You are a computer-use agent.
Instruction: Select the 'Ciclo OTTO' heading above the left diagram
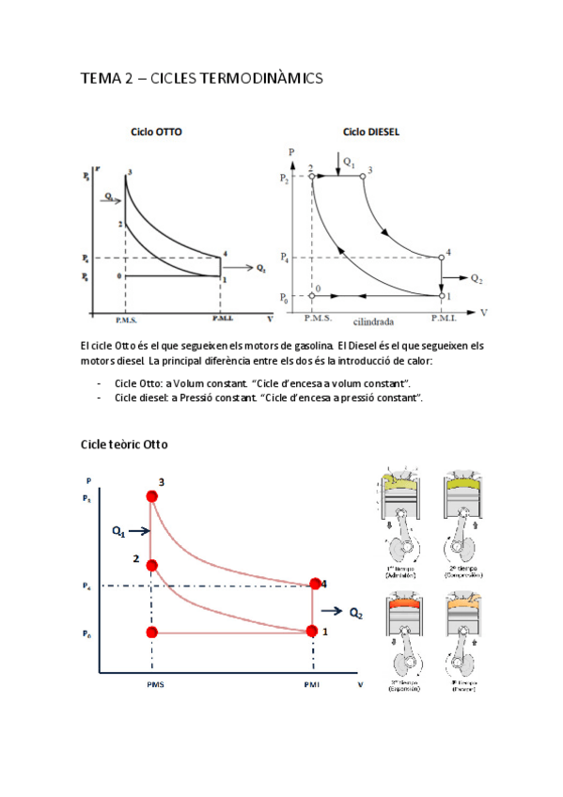(156, 133)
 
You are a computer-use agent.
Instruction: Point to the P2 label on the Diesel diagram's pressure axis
(286, 179)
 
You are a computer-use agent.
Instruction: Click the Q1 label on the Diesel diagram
(349, 163)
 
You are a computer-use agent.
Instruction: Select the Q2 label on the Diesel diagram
(477, 279)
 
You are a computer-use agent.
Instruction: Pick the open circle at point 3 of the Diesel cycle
(361, 175)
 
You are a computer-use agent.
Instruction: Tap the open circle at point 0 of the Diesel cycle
(312, 296)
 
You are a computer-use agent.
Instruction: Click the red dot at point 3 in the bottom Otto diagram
(151, 497)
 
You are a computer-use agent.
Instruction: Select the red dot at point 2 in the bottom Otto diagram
(151, 566)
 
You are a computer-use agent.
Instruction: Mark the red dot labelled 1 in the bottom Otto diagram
(314, 631)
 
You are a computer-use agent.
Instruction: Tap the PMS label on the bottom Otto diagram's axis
(155, 685)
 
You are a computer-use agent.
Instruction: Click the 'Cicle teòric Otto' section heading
(124, 443)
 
